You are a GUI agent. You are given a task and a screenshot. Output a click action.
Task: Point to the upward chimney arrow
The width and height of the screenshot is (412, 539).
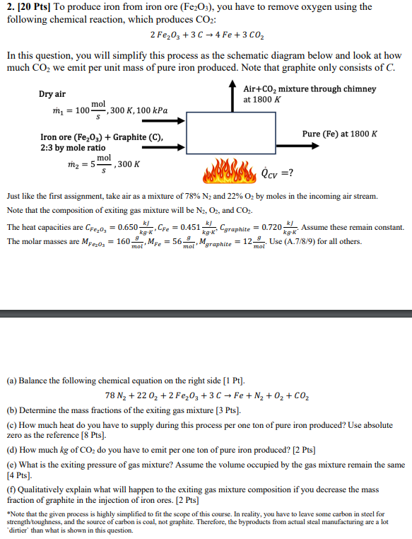(x=233, y=95)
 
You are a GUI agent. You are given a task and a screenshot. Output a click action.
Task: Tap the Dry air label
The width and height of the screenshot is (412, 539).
(x=52, y=95)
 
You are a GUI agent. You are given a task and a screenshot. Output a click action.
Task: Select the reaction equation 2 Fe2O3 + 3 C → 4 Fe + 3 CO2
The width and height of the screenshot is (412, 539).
(x=205, y=35)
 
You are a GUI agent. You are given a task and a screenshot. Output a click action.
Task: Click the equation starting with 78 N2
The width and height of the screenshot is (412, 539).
(x=206, y=395)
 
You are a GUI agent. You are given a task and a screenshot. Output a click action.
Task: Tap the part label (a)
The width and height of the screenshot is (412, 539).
(x=13, y=381)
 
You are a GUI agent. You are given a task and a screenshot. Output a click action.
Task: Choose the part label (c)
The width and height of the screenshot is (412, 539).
(x=13, y=425)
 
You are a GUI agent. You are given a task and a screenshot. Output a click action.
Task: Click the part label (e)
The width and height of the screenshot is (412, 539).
(x=13, y=465)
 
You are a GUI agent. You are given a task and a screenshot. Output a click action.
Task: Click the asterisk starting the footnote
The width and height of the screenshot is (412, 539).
(x=8, y=511)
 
